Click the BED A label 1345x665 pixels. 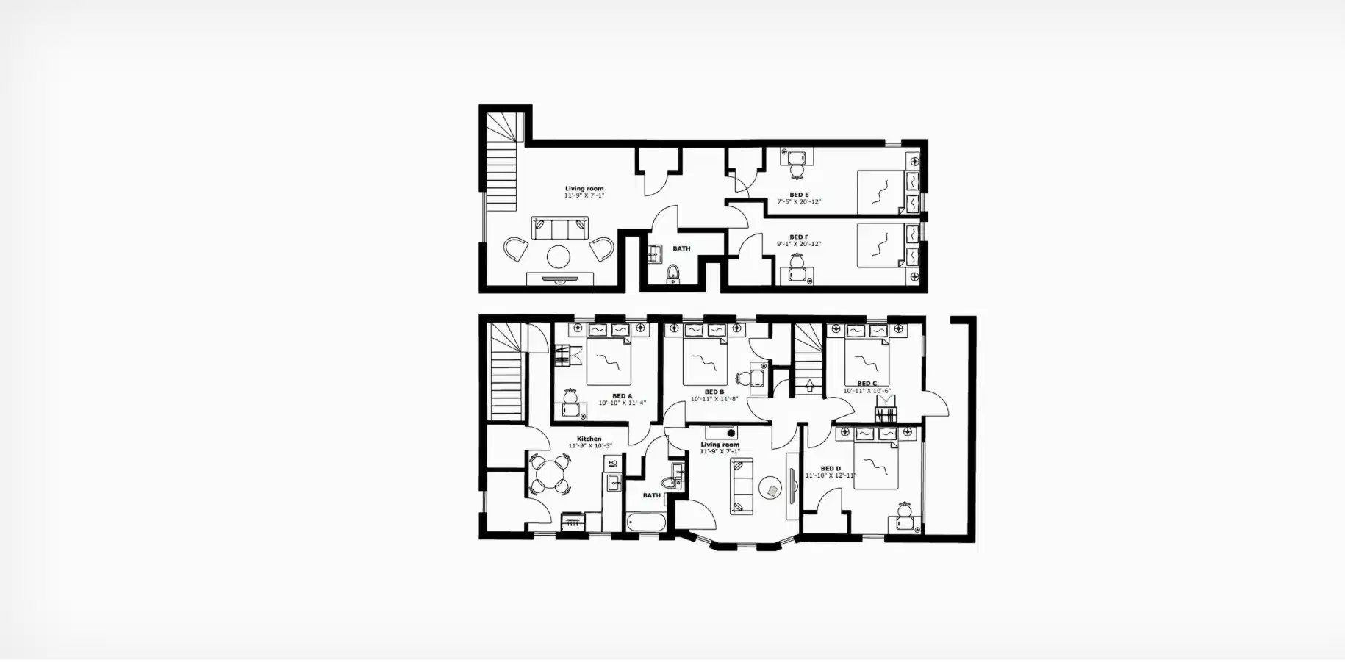622,396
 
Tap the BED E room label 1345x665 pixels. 799,195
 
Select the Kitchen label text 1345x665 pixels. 589,439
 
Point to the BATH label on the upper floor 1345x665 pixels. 681,248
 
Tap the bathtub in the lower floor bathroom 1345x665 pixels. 647,522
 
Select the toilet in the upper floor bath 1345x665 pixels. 672,275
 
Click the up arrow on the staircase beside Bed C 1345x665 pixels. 810,385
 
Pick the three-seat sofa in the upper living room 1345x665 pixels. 560,228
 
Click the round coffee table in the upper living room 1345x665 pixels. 558,256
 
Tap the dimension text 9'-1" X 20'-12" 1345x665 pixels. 799,244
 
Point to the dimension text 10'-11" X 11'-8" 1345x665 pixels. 714,399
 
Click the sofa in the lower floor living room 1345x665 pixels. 741,486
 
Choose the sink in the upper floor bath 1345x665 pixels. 655,254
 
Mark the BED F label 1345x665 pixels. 799,237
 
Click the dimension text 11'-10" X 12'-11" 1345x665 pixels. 831,475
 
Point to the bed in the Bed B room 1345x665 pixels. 704,358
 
